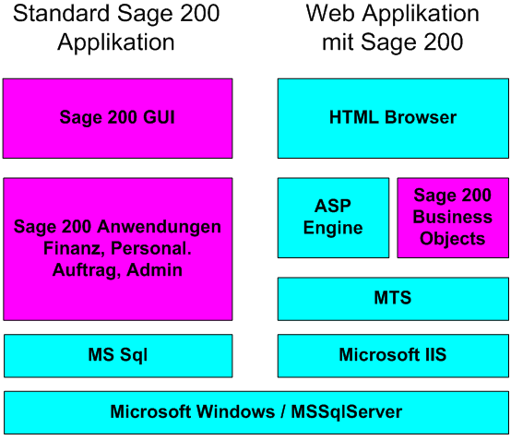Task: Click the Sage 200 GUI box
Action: click(117, 118)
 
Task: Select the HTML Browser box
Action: click(393, 118)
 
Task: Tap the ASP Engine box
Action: click(333, 218)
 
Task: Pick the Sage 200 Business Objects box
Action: click(452, 218)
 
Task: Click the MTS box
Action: click(393, 299)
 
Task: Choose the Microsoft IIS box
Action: click(393, 355)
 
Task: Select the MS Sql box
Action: click(117, 355)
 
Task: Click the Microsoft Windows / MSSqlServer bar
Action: click(255, 412)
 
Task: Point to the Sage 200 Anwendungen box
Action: click(117, 249)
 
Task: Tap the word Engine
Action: click(333, 229)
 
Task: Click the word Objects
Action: click(452, 239)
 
